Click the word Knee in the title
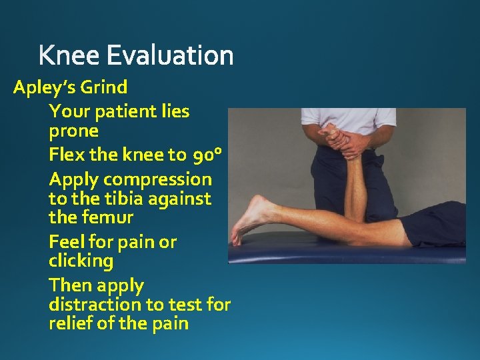pos(69,55)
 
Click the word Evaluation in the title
pos(170,55)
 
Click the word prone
pos(73,131)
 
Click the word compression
pos(157,179)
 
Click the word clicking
pos(81,261)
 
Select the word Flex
pos(67,155)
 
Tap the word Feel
pos(67,241)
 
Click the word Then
pos(71,285)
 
